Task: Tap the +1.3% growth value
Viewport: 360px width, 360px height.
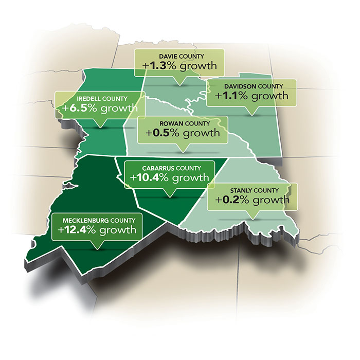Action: (179, 67)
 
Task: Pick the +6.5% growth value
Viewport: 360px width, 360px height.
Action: (98, 109)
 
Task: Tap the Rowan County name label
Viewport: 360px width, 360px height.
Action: (182, 123)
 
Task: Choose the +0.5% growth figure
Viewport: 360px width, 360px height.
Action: (182, 133)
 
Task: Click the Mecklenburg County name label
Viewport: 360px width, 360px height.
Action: (97, 221)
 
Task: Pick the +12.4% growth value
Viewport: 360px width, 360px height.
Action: (97, 231)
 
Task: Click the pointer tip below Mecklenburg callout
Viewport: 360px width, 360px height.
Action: (96, 248)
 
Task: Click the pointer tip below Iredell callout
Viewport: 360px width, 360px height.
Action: (98, 126)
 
